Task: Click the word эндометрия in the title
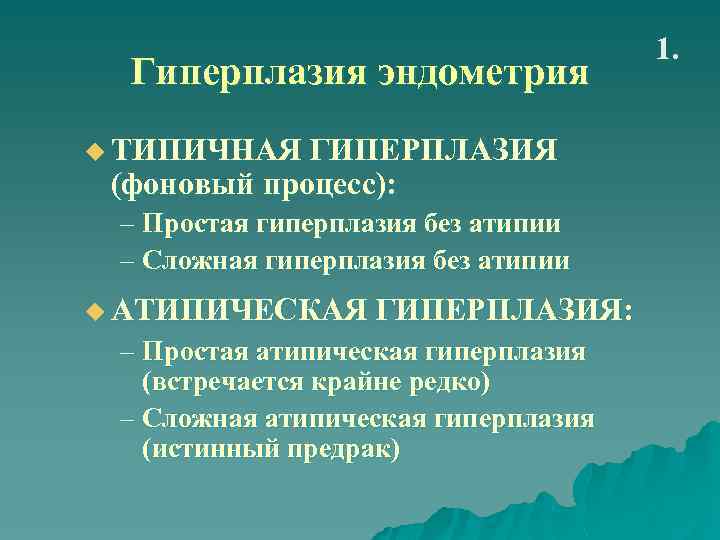point(483,73)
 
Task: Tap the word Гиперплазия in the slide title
point(250,73)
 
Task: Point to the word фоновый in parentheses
point(186,184)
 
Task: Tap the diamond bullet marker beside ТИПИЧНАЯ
point(95,152)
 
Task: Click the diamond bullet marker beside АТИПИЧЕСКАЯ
point(95,311)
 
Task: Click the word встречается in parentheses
point(220,384)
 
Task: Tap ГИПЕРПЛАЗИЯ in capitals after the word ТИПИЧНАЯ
point(433,151)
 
